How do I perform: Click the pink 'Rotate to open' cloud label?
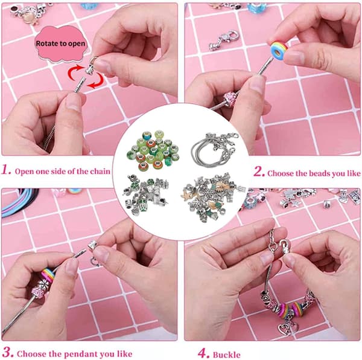tap(61, 44)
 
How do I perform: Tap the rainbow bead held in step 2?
tap(279, 50)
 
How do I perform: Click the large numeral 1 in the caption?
tap(6, 170)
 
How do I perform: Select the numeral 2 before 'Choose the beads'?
tap(259, 172)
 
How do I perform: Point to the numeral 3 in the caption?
tap(7, 353)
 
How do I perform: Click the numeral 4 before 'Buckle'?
tap(204, 353)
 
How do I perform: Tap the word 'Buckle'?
tap(226, 355)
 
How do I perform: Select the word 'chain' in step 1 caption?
tap(100, 171)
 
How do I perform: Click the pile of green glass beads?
tap(153, 150)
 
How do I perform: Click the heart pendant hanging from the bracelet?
tap(288, 329)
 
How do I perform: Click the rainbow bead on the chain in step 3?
tap(48, 275)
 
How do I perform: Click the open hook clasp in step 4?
tap(284, 246)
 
